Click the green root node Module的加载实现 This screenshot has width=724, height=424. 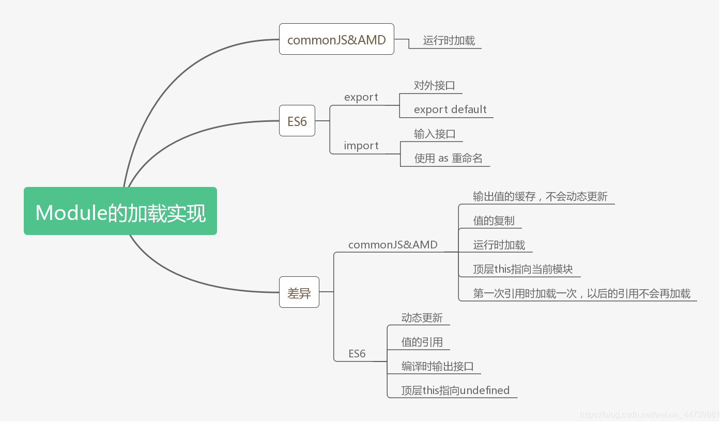(x=120, y=211)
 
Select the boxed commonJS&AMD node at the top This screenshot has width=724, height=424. (x=336, y=39)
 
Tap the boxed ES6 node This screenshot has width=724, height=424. (x=297, y=121)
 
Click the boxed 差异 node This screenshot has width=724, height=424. (x=299, y=292)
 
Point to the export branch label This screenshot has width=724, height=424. (x=361, y=97)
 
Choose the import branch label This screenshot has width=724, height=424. (x=361, y=146)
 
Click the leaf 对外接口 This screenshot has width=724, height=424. (x=435, y=85)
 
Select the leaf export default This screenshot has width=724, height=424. (x=450, y=109)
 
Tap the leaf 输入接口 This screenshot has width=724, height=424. (x=435, y=134)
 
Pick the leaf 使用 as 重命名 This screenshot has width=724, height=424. (x=448, y=158)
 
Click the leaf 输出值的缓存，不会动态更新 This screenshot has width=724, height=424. (x=540, y=196)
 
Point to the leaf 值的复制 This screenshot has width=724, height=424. (x=494, y=221)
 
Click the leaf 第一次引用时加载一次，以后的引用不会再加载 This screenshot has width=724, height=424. (x=581, y=293)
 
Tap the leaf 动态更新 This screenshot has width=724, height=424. (x=422, y=318)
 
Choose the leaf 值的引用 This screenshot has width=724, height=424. (x=422, y=342)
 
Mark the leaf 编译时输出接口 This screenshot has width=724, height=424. (x=437, y=366)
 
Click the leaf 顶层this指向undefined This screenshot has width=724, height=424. (x=455, y=390)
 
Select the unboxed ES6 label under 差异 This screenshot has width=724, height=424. (x=357, y=354)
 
